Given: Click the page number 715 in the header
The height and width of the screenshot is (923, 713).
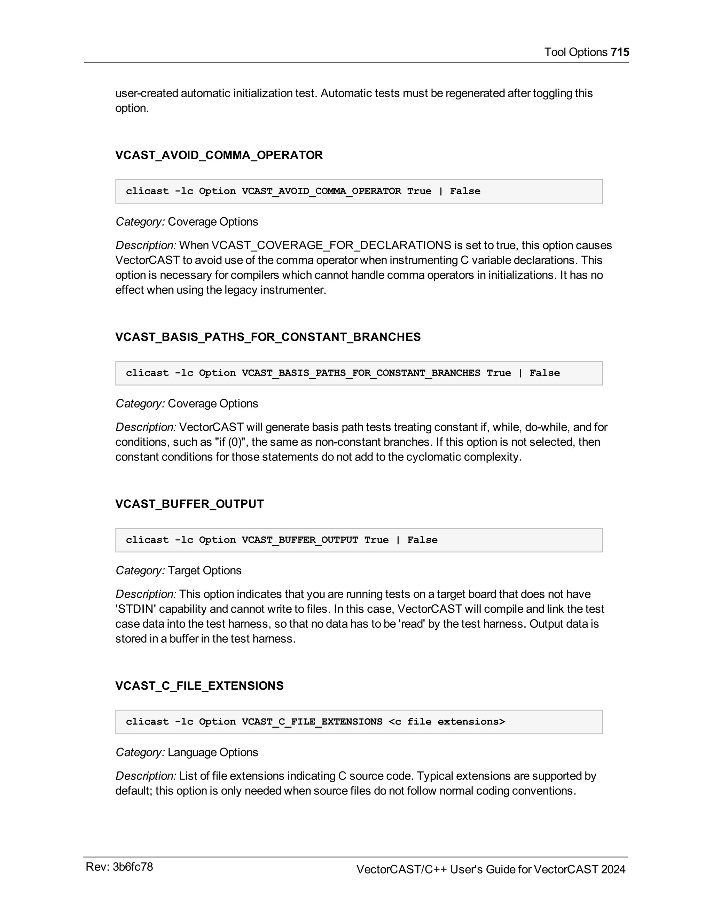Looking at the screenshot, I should (620, 52).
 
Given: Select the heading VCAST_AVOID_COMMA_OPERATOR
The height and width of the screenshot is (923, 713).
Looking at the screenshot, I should (219, 155).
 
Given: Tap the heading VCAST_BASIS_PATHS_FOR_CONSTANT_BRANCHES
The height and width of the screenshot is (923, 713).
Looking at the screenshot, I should (268, 337).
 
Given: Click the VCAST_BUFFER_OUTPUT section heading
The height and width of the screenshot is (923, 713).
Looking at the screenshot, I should (189, 504).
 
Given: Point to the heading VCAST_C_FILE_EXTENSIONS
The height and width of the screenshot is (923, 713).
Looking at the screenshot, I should (199, 685).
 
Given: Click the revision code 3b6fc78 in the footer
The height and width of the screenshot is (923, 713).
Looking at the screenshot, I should (133, 867).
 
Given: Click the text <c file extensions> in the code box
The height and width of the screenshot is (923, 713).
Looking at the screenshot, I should (446, 721).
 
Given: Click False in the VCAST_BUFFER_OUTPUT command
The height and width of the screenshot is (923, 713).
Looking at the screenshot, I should (422, 540).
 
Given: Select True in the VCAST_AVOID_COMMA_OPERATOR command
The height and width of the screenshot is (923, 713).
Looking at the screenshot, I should (419, 191).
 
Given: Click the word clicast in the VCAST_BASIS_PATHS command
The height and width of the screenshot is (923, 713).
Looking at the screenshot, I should (147, 373).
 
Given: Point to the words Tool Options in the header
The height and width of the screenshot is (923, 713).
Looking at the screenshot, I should (576, 52).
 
